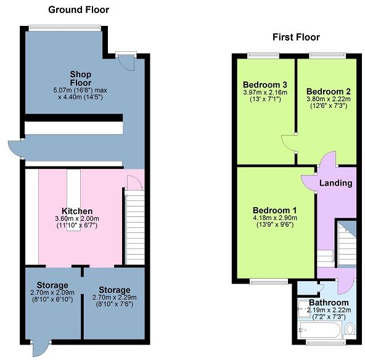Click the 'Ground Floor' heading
pyautogui.click(x=78, y=9)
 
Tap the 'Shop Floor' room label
pyautogui.click(x=80, y=78)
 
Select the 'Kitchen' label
pyautogui.click(x=76, y=211)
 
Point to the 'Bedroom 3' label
pyautogui.click(x=261, y=84)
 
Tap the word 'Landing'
pyautogui.click(x=335, y=183)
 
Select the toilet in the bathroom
pyautogui.click(x=350, y=329)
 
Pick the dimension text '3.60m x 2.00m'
pyautogui.click(x=76, y=219)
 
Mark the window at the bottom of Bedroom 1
pyautogui.click(x=269, y=282)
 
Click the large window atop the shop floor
pyautogui.click(x=65, y=27)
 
